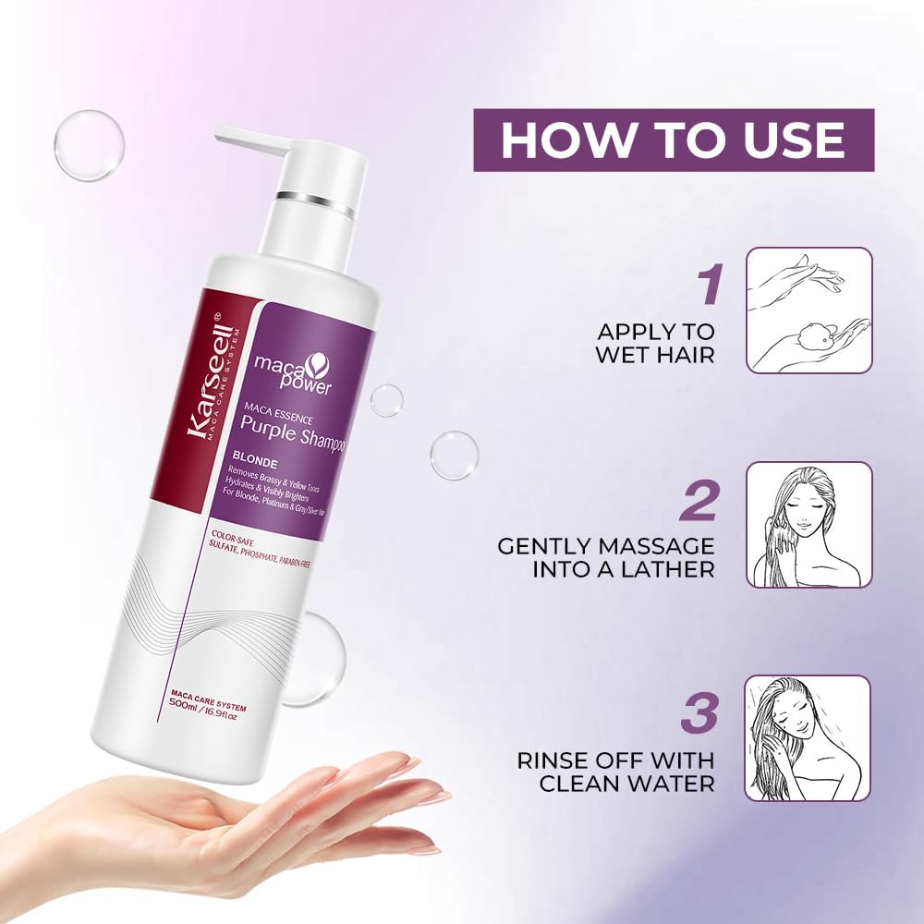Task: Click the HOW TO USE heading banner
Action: tap(674, 140)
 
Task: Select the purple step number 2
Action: tap(699, 503)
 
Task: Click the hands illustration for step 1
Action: tap(808, 310)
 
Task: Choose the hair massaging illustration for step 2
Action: tap(808, 525)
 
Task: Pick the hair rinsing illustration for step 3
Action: tap(808, 738)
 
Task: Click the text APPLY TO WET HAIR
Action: tap(656, 343)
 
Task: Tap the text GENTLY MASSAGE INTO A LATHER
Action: tap(606, 557)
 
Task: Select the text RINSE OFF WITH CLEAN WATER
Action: tap(614, 772)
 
